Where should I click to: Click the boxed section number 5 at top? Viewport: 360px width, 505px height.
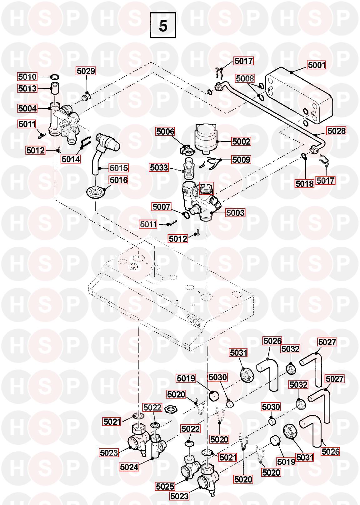click(x=163, y=25)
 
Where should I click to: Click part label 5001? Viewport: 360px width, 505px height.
click(x=317, y=65)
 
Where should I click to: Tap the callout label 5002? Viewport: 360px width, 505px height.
click(x=241, y=141)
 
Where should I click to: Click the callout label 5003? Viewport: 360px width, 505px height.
click(x=235, y=213)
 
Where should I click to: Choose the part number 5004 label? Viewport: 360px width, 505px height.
click(x=27, y=108)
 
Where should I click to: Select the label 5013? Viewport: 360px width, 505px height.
click(x=27, y=88)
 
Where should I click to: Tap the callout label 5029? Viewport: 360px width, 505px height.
click(x=86, y=71)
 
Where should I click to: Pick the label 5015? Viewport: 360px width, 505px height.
click(x=119, y=168)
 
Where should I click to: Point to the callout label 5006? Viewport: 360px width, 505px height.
click(x=165, y=131)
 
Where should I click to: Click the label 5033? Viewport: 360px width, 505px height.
click(x=159, y=168)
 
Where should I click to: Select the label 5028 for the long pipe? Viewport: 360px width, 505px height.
click(x=336, y=131)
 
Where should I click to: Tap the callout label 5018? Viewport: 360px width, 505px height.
click(x=304, y=184)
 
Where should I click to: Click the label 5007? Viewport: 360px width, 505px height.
click(x=161, y=207)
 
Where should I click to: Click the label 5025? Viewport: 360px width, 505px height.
click(x=165, y=486)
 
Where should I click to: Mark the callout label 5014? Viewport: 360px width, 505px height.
click(x=71, y=159)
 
